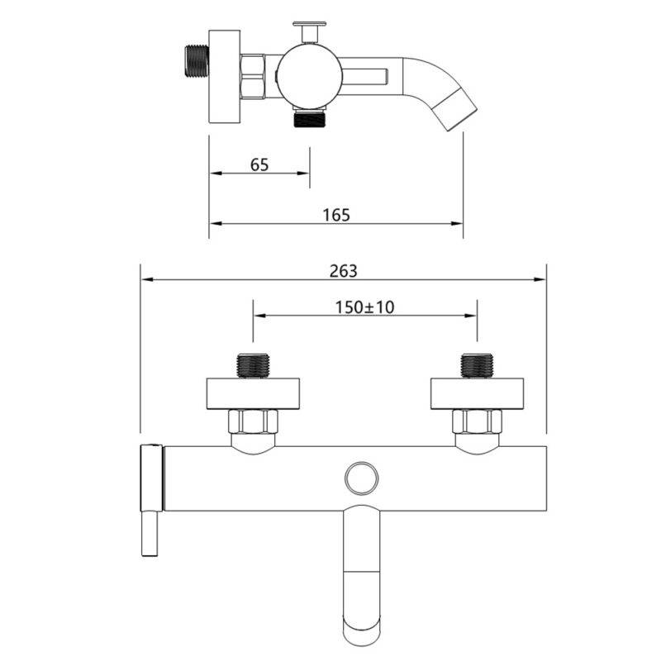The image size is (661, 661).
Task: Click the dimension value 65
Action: click(x=259, y=164)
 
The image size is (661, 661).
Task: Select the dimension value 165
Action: click(x=336, y=215)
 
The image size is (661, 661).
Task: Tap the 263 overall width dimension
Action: click(x=343, y=271)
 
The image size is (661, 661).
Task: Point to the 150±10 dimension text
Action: click(x=364, y=307)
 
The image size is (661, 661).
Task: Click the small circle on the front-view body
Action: click(x=361, y=478)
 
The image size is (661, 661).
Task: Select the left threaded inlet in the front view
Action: click(x=253, y=365)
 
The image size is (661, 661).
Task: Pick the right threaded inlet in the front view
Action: click(x=478, y=365)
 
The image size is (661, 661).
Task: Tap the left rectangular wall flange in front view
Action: click(x=253, y=394)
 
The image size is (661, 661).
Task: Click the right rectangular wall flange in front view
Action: click(x=478, y=394)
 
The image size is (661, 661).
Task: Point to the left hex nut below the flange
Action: click(x=253, y=421)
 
